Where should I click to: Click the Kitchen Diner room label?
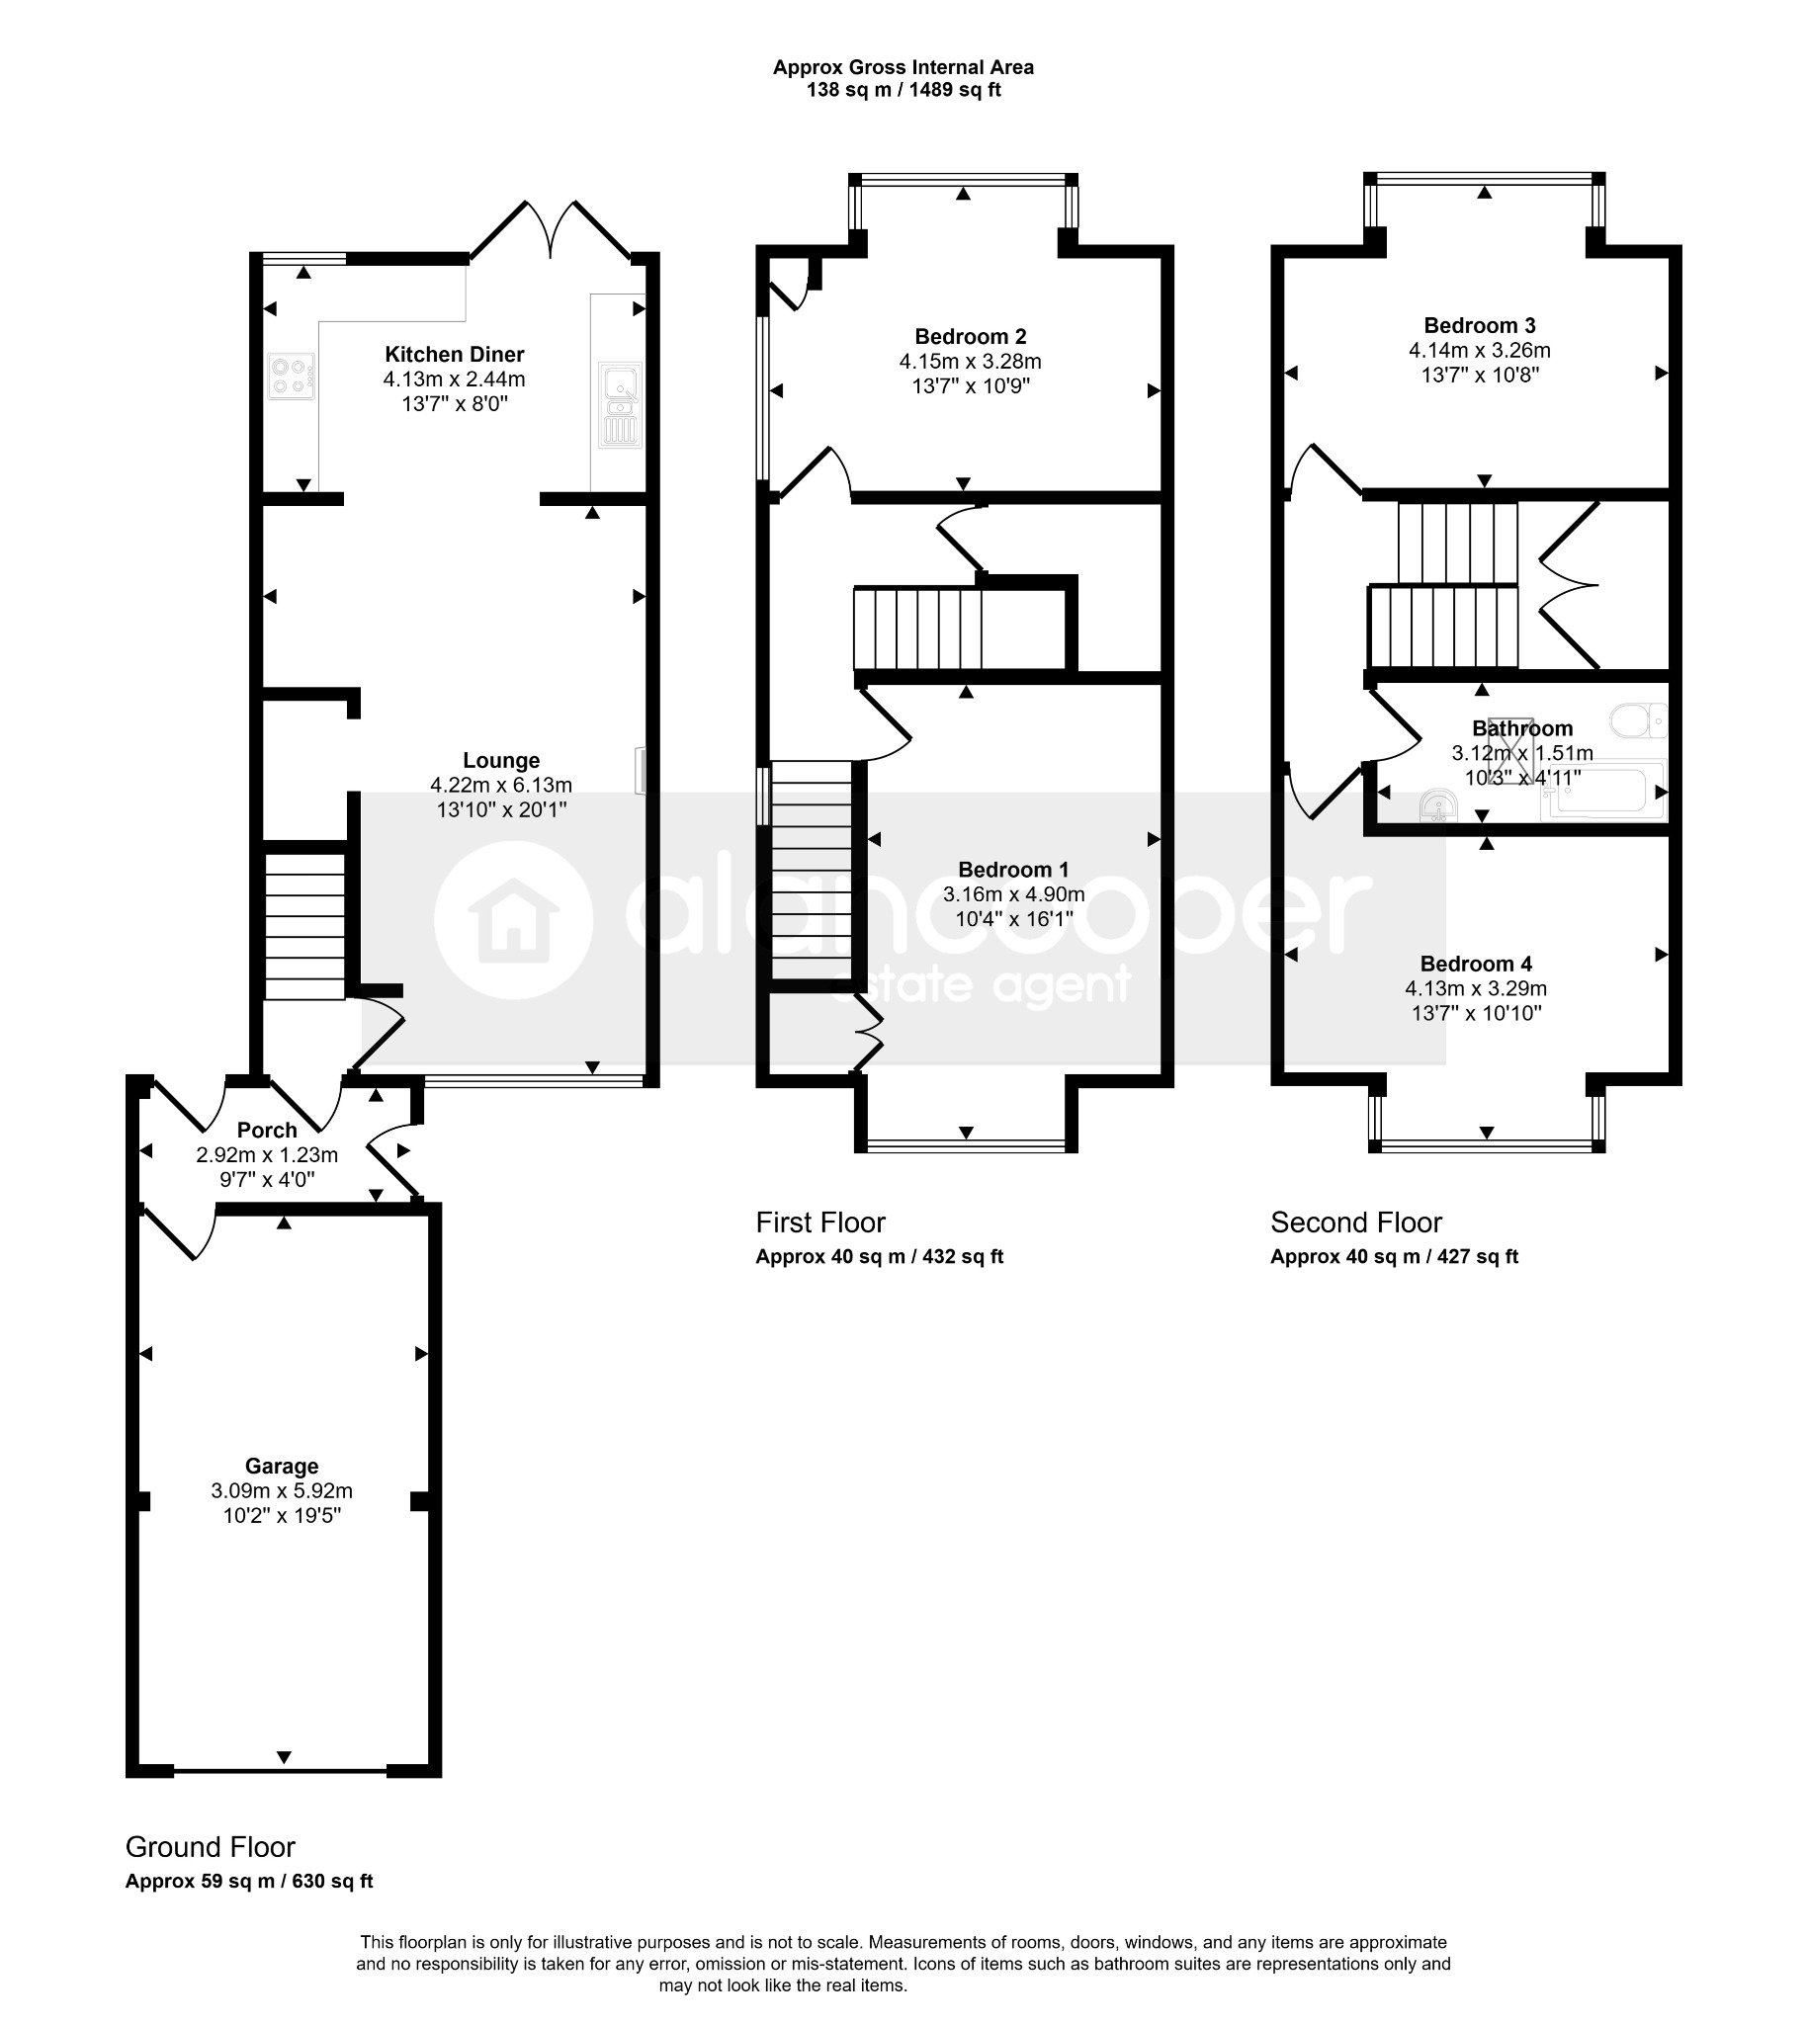pyautogui.click(x=455, y=355)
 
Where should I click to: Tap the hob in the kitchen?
pyautogui.click(x=291, y=377)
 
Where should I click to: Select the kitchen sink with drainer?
pyautogui.click(x=621, y=405)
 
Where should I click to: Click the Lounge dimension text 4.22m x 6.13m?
pyautogui.click(x=501, y=785)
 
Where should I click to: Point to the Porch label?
pyautogui.click(x=267, y=1130)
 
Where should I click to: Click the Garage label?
pyautogui.click(x=282, y=1467)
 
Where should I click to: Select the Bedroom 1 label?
pyautogui.click(x=1013, y=870)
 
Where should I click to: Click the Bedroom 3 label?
pyautogui.click(x=1480, y=325)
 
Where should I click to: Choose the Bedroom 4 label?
pyautogui.click(x=1477, y=964)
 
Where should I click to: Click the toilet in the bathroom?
pyautogui.click(x=1638, y=720)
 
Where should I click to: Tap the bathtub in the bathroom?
pyautogui.click(x=1604, y=794)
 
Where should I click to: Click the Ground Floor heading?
pyautogui.click(x=211, y=1847)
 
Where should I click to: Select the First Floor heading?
pyautogui.click(x=820, y=1222)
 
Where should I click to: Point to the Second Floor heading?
pyautogui.click(x=1356, y=1222)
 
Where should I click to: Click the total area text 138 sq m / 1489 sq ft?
pyautogui.click(x=903, y=90)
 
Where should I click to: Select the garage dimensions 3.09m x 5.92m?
pyautogui.click(x=282, y=1491)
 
